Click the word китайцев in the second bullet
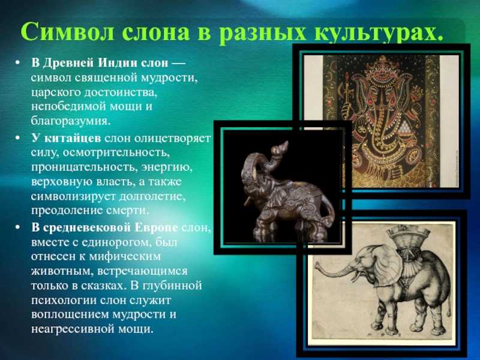point(73,139)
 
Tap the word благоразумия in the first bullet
point(70,121)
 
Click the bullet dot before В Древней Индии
point(17,64)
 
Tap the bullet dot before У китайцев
point(17,139)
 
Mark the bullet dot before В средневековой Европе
point(17,228)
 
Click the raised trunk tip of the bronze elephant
point(286,143)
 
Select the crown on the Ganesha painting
point(382,65)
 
